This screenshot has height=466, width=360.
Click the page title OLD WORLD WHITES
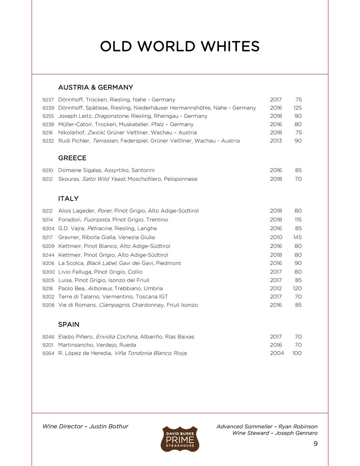[180, 47]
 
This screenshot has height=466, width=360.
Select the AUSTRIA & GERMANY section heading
[95, 88]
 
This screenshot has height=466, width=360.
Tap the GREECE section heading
[72, 158]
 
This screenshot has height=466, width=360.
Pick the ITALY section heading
[68, 199]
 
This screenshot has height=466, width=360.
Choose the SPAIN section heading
[69, 324]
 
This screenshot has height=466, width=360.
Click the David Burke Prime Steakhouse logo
[180, 439]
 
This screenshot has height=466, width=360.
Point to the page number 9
[315, 444]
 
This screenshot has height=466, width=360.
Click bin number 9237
[48, 100]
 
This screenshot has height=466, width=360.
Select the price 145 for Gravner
[297, 237]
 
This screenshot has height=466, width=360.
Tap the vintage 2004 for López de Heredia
[277, 353]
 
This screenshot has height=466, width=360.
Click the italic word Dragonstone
[111, 116]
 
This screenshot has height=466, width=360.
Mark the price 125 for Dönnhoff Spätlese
[297, 108]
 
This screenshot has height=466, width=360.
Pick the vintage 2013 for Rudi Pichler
[276, 141]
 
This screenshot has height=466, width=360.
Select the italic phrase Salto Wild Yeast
[103, 179]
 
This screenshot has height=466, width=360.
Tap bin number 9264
[48, 353]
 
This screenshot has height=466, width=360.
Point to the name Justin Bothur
[109, 426]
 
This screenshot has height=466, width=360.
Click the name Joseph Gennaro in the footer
[296, 433]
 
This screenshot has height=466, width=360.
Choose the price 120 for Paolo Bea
[297, 288]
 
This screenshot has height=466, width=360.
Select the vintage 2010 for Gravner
[276, 237]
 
